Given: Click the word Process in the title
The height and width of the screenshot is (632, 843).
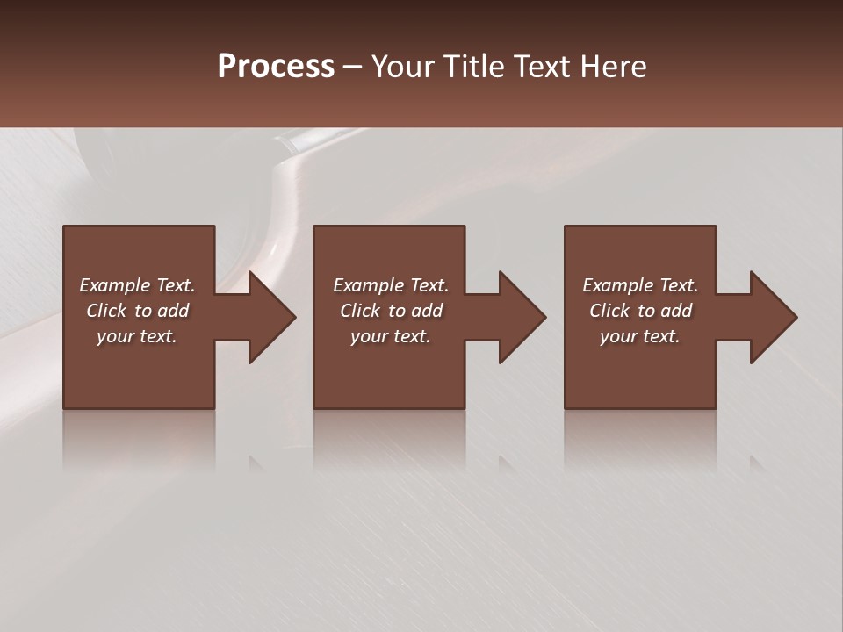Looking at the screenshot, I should (276, 67).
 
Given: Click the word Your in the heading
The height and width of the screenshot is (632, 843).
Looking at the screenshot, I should (404, 67).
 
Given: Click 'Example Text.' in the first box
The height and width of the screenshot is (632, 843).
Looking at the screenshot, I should (137, 285).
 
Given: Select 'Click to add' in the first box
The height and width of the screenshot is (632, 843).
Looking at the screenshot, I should (137, 311).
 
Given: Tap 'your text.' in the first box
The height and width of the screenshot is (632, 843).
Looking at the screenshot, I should (137, 336).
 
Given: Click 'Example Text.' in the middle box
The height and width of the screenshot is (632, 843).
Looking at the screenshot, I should (391, 285).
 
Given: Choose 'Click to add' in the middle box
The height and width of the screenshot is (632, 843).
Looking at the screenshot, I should (391, 311).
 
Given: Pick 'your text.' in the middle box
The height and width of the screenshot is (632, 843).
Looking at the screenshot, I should (391, 336).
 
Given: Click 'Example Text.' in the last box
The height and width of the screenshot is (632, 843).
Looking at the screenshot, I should (640, 285).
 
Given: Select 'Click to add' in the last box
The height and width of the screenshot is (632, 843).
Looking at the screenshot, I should (640, 311).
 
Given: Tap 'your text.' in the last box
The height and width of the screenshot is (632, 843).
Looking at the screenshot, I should (640, 336).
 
